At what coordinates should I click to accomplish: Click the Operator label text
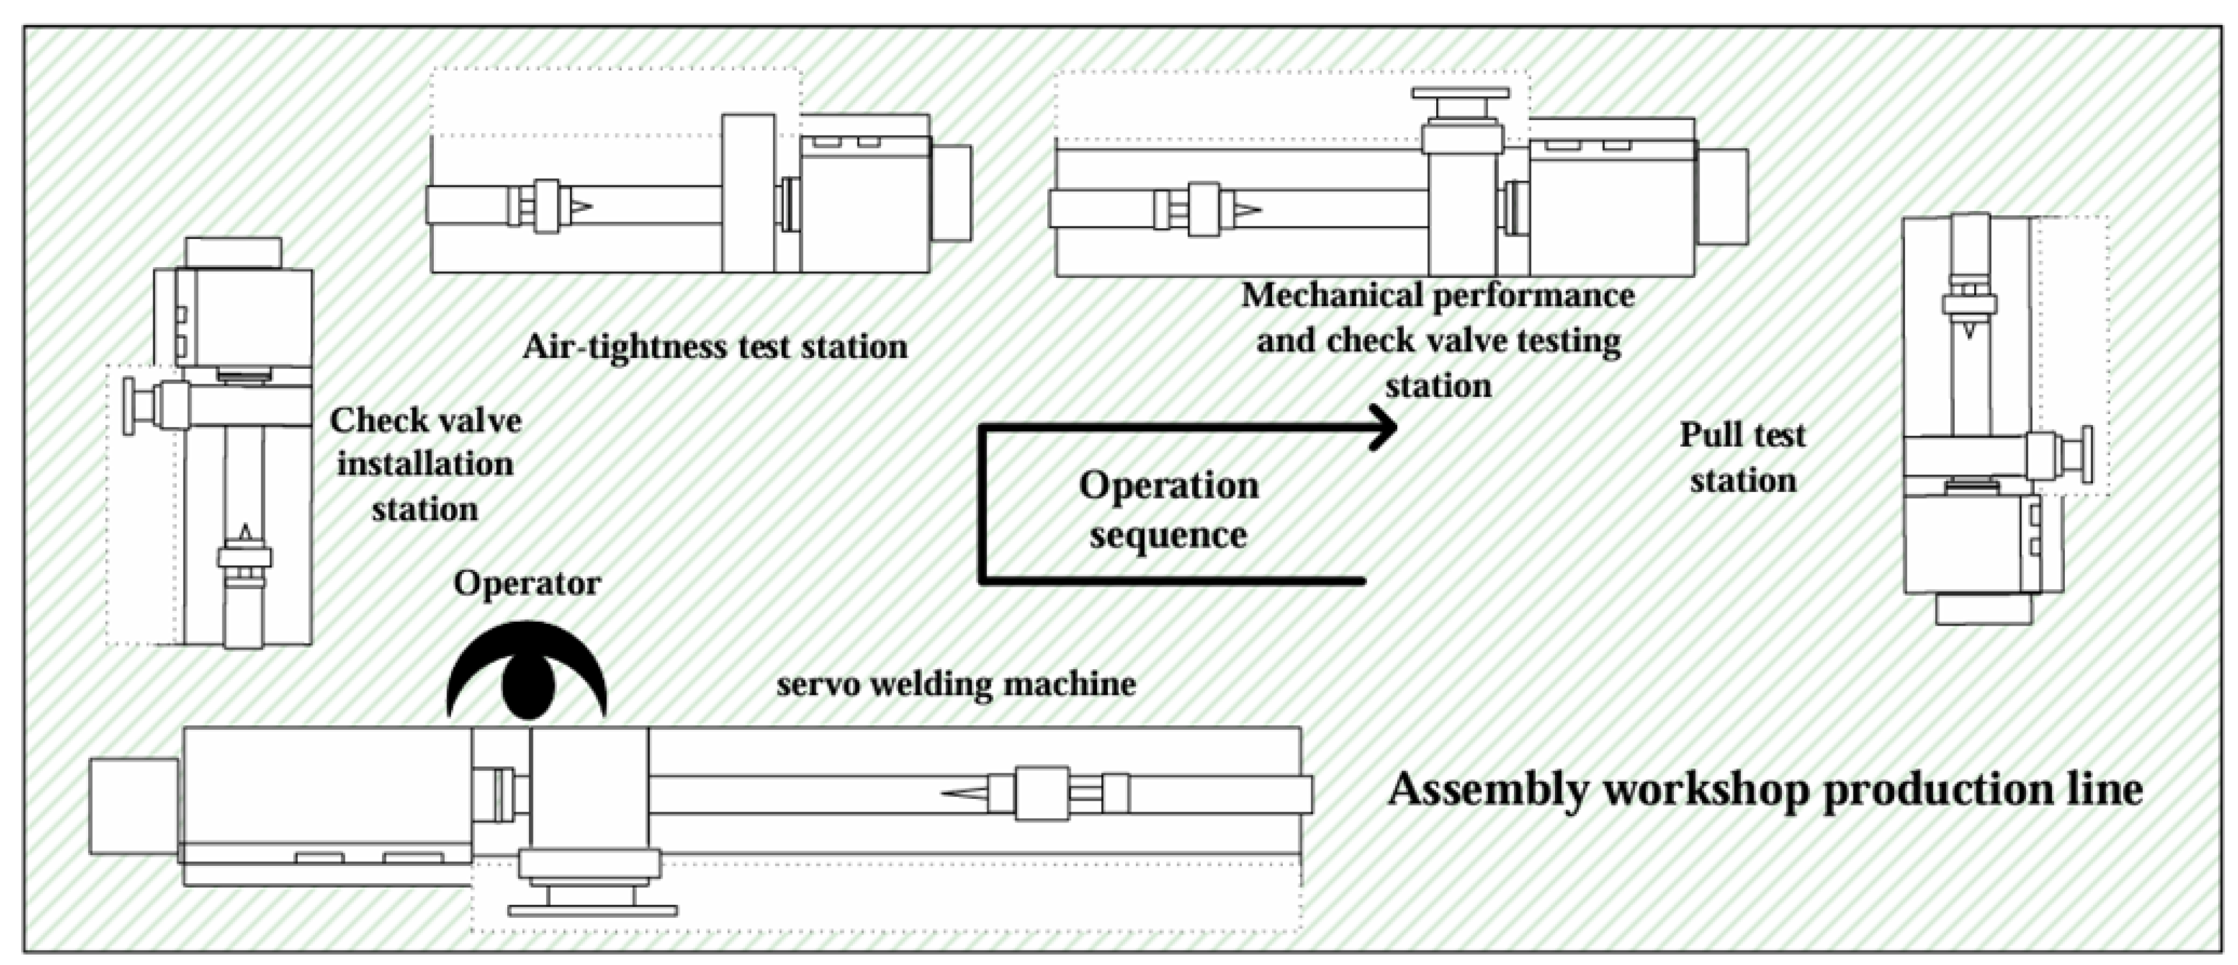tap(526, 583)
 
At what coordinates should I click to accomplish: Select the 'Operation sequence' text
tap(1169, 509)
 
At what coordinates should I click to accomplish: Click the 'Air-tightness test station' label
tap(714, 347)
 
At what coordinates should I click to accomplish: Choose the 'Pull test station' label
tap(1742, 458)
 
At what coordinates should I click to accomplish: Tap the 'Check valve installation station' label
tap(425, 464)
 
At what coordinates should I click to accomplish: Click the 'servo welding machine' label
tap(956, 684)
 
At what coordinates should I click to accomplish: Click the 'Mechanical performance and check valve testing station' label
tap(1438, 340)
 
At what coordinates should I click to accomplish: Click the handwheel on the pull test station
tap(2088, 454)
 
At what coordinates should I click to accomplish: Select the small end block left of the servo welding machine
tap(134, 805)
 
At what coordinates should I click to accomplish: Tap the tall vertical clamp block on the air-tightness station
tap(748, 193)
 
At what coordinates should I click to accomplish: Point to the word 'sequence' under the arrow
tap(1169, 535)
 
